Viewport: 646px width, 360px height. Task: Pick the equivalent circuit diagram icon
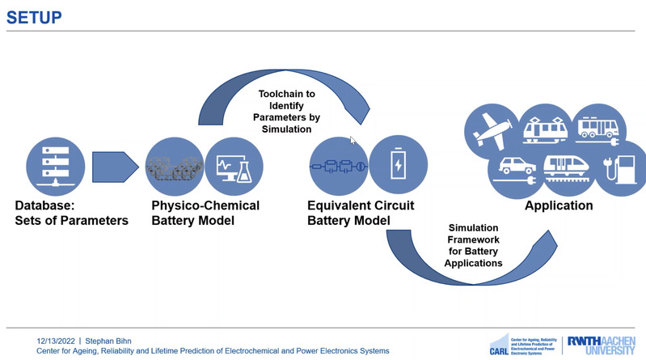click(x=339, y=167)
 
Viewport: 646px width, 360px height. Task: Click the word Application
click(x=559, y=206)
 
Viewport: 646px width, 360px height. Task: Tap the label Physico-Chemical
click(x=205, y=205)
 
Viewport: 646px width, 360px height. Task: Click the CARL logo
click(x=499, y=345)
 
